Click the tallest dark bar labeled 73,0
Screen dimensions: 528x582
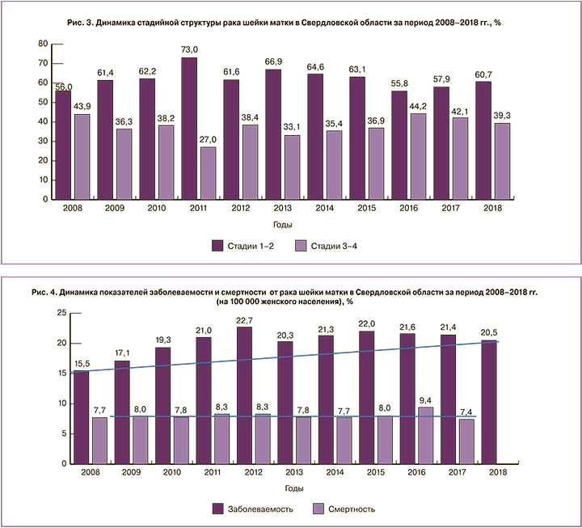coord(189,129)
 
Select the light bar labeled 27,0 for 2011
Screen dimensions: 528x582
coord(208,173)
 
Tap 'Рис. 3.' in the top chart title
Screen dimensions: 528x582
coord(78,23)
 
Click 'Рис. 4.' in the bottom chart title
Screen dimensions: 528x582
coord(43,290)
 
